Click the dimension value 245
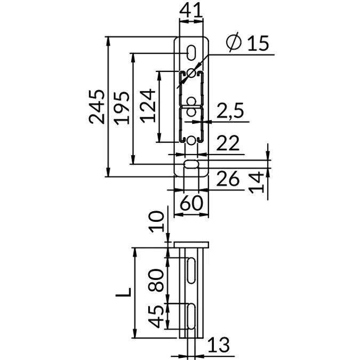pos(98,107)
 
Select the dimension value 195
pos(121,107)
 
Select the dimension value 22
pos(228,143)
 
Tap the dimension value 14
pos(257,181)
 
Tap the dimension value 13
pos(219,345)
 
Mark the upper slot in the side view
pos(191,270)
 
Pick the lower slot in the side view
pos(191,315)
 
